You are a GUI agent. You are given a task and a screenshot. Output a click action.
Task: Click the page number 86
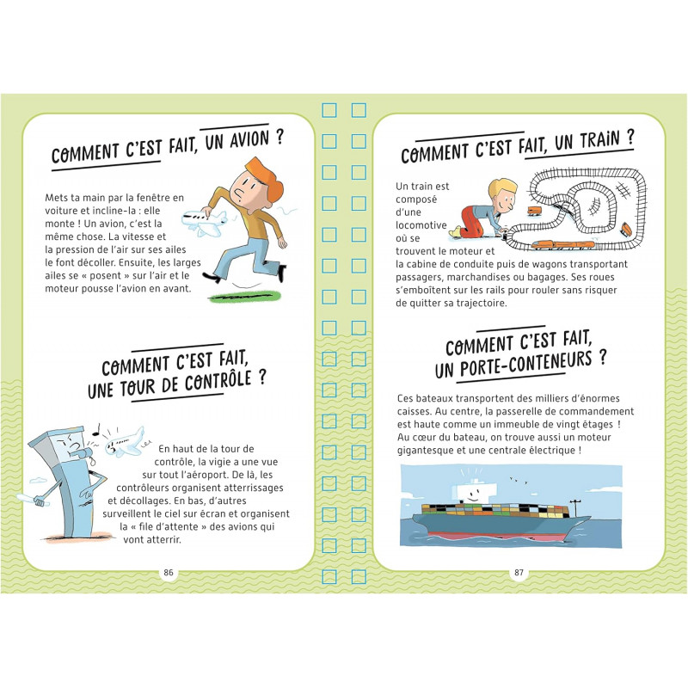tap(169, 572)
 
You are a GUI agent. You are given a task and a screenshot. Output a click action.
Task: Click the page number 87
tap(519, 572)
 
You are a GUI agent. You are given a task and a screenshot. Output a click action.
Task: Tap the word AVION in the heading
tap(249, 140)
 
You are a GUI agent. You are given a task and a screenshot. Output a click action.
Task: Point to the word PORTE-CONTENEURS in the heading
tap(526, 365)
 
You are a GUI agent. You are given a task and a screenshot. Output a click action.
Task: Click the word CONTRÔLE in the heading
tap(218, 382)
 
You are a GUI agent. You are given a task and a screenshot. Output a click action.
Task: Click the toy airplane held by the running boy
tap(205, 223)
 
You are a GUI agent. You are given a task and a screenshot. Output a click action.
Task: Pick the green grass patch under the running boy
tap(245, 296)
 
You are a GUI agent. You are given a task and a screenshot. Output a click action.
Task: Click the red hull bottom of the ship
tap(496, 536)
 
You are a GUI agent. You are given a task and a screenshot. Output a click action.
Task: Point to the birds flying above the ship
tap(519, 480)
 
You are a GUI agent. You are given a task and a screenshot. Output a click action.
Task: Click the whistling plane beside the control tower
tap(125, 442)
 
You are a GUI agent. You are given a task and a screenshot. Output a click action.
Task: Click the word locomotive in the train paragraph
tap(421, 225)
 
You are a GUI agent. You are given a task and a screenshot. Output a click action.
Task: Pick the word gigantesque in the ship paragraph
tap(425, 451)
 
